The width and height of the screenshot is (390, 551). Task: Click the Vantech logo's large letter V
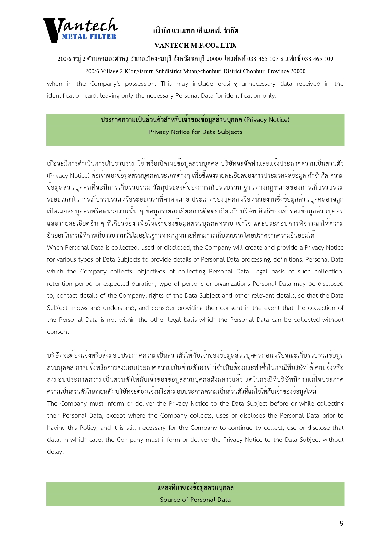(52, 30)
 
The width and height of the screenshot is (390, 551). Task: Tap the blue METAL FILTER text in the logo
(89, 36)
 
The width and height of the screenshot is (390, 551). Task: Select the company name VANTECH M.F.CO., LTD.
(195, 46)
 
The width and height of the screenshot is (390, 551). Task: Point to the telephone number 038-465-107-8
(265, 59)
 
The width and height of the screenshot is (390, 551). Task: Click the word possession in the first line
(140, 84)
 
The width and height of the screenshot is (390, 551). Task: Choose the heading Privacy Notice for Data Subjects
(195, 132)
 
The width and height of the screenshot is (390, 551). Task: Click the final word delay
(55, 452)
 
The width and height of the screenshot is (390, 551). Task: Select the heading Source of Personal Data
(195, 500)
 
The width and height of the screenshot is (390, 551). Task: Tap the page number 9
(342, 523)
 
